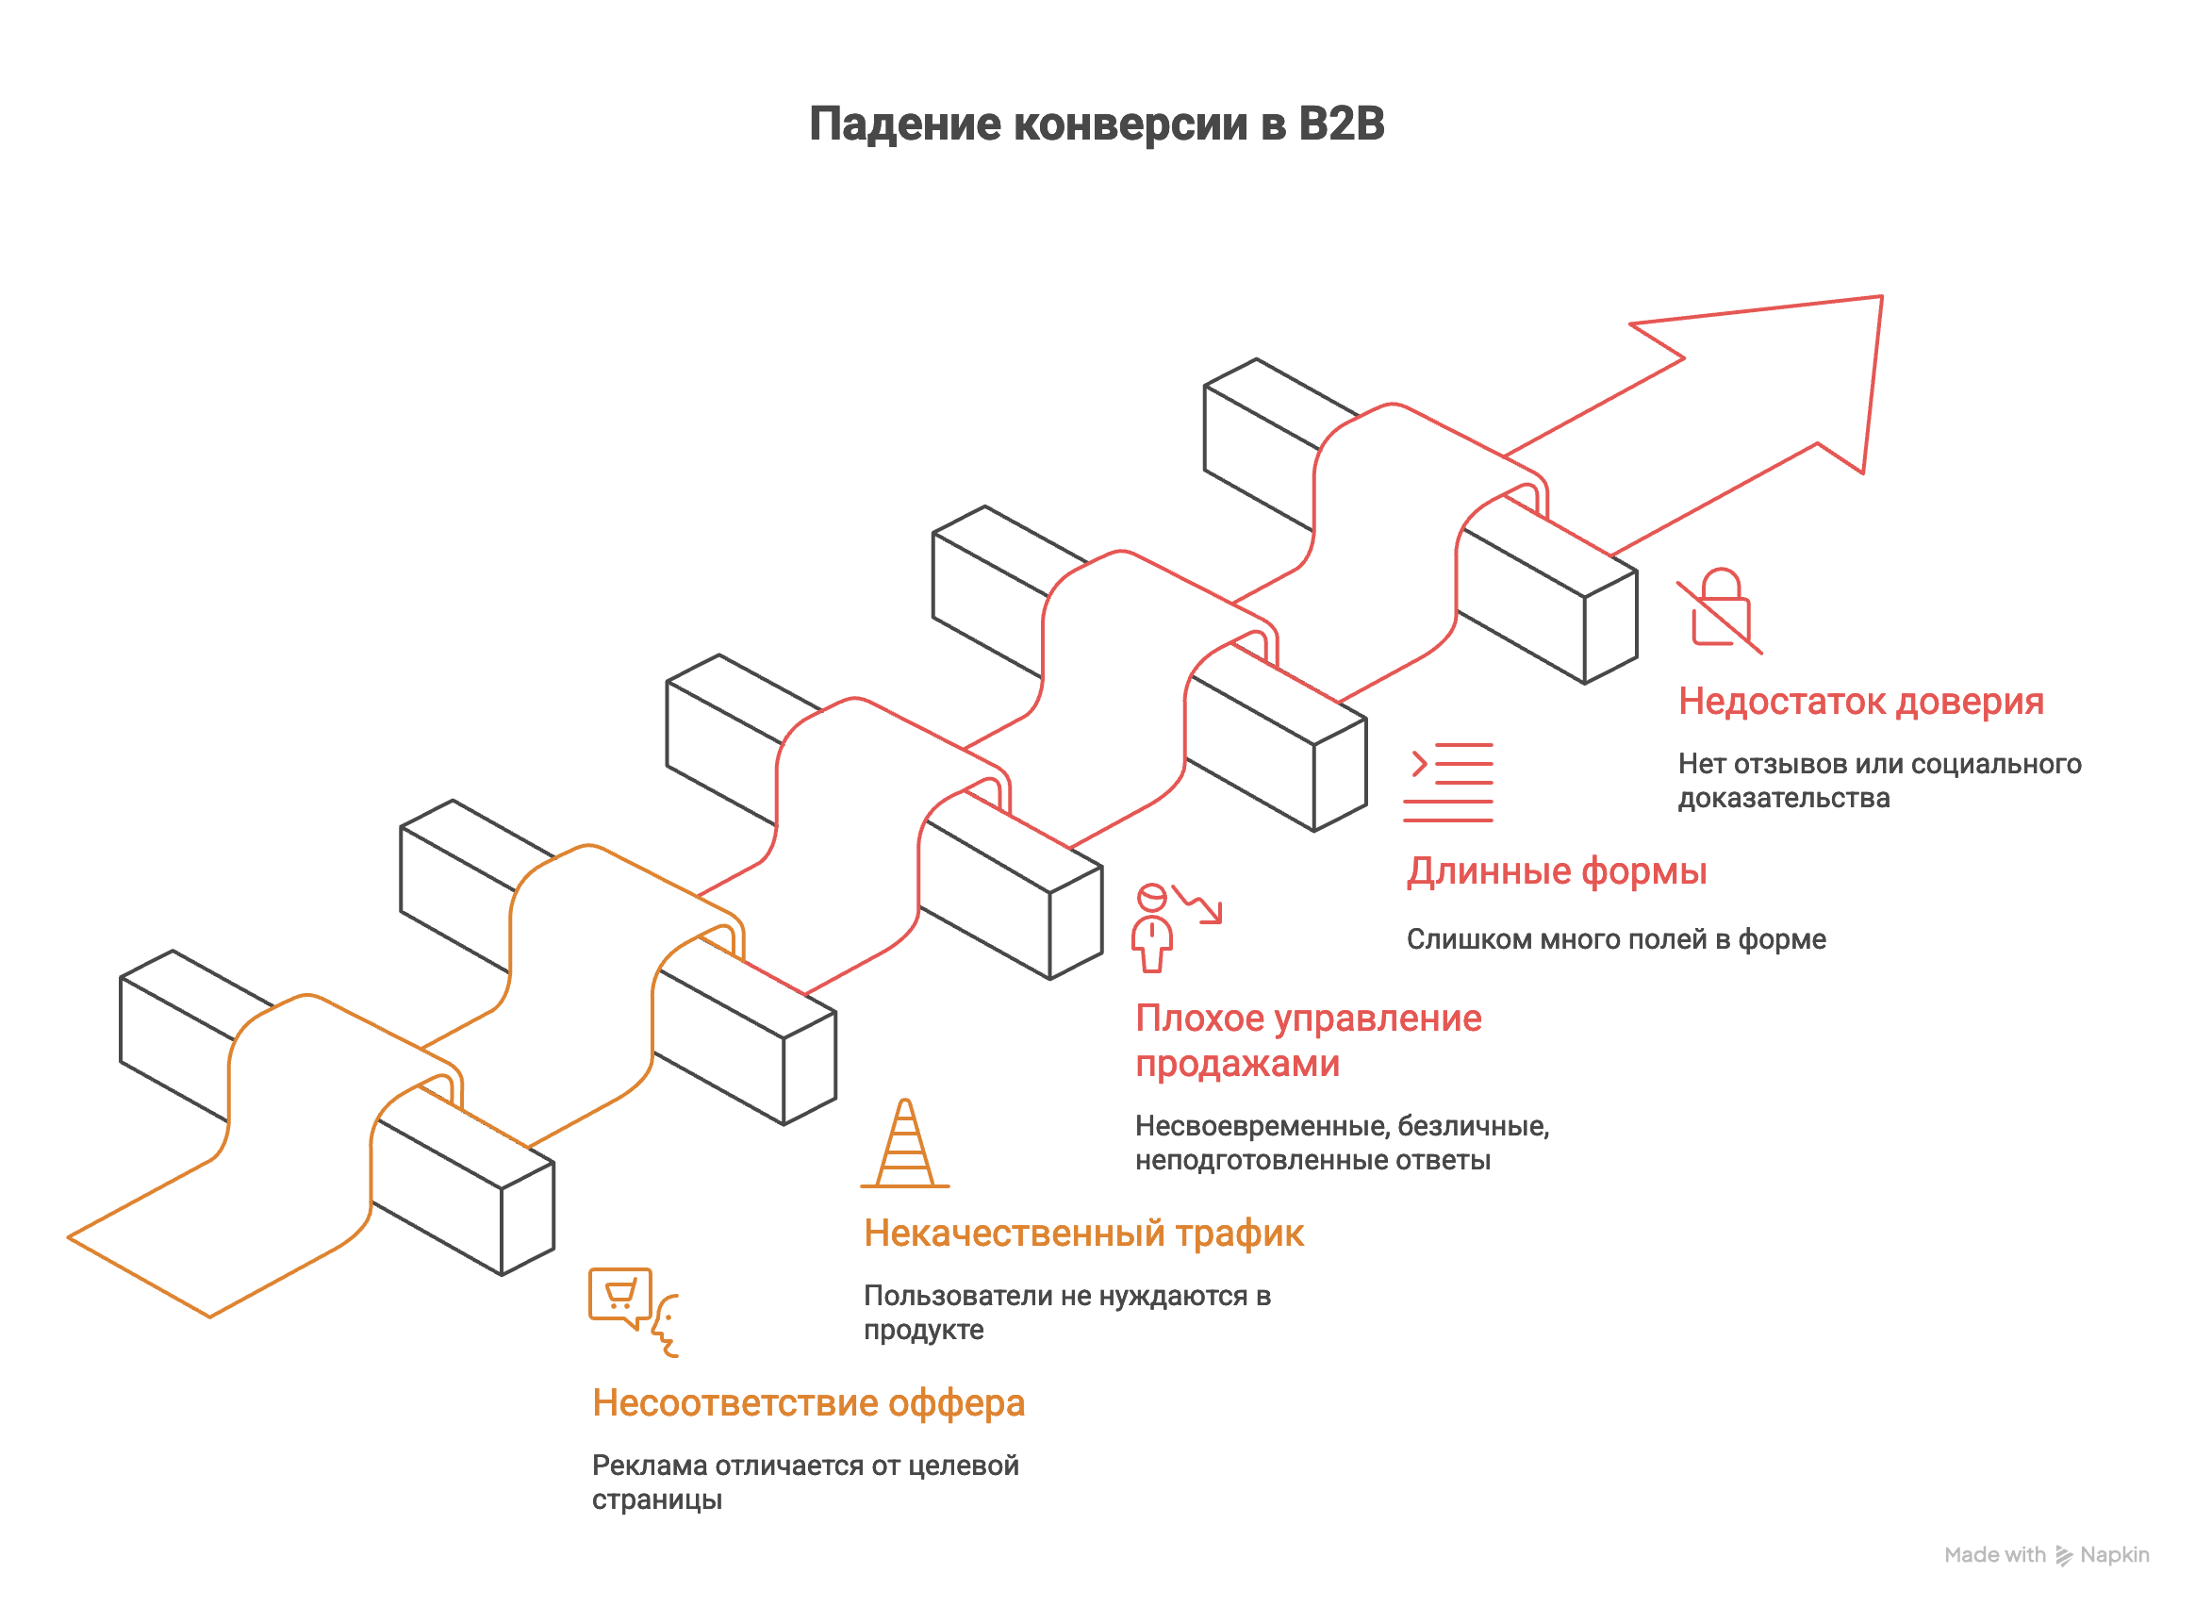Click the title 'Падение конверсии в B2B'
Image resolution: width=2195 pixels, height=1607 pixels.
[1096, 124]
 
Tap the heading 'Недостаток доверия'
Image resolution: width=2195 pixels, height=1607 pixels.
[1859, 702]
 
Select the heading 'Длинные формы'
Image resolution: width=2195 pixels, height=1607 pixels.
[1556, 871]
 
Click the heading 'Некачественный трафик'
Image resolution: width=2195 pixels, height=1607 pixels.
[1082, 1234]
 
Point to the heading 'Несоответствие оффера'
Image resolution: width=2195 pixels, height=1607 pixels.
[808, 1402]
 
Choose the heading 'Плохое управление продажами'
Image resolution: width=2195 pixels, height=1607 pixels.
[1307, 1041]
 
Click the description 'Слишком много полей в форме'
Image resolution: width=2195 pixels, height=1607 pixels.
[1615, 939]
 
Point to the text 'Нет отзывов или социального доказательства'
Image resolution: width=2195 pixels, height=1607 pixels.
[1879, 781]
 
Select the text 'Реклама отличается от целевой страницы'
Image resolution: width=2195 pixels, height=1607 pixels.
[804, 1482]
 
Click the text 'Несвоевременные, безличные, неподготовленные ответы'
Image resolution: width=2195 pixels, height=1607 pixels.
[1341, 1143]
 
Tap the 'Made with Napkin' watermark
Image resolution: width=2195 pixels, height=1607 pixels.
[2045, 1554]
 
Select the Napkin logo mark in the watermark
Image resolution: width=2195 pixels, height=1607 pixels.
[2063, 1555]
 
